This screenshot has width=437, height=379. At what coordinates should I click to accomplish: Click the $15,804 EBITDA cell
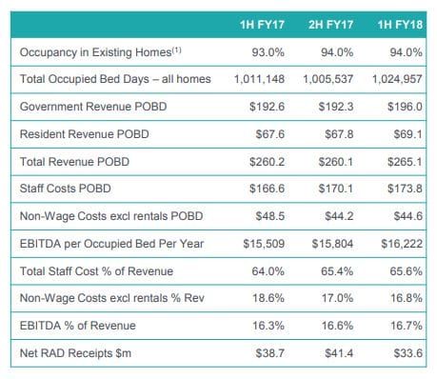333,243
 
